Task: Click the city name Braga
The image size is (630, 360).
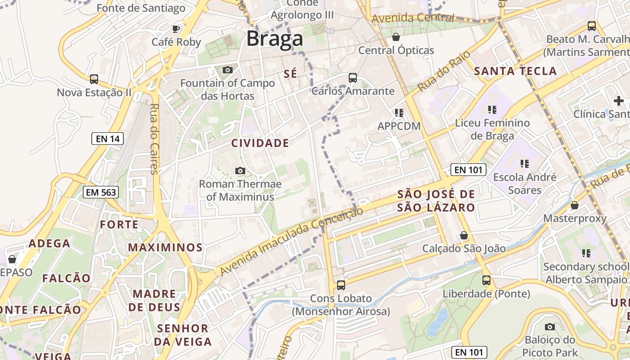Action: coord(274,39)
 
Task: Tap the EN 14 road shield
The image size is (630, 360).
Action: coord(108,139)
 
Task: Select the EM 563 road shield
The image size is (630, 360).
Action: coord(101,193)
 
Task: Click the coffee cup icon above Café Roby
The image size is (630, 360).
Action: coord(176,29)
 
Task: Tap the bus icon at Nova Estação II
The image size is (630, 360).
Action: coord(94,79)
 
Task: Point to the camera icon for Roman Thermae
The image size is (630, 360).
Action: coord(240,171)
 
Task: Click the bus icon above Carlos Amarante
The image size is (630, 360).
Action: coord(353,78)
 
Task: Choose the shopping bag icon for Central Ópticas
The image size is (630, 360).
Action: coord(396,37)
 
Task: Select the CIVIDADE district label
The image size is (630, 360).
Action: coord(260,144)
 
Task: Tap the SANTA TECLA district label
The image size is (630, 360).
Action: coord(516,71)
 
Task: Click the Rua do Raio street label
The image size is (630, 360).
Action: coord(444,71)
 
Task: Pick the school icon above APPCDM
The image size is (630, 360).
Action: coord(399,112)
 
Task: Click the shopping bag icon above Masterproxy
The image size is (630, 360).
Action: coord(575,206)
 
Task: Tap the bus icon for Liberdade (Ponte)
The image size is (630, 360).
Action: coord(486,280)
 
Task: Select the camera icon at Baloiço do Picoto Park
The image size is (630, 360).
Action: coord(549,327)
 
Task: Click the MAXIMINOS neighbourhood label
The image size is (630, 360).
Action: coord(166,247)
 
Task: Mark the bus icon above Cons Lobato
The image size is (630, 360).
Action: coord(341,285)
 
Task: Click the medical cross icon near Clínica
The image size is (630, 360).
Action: coord(619,101)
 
